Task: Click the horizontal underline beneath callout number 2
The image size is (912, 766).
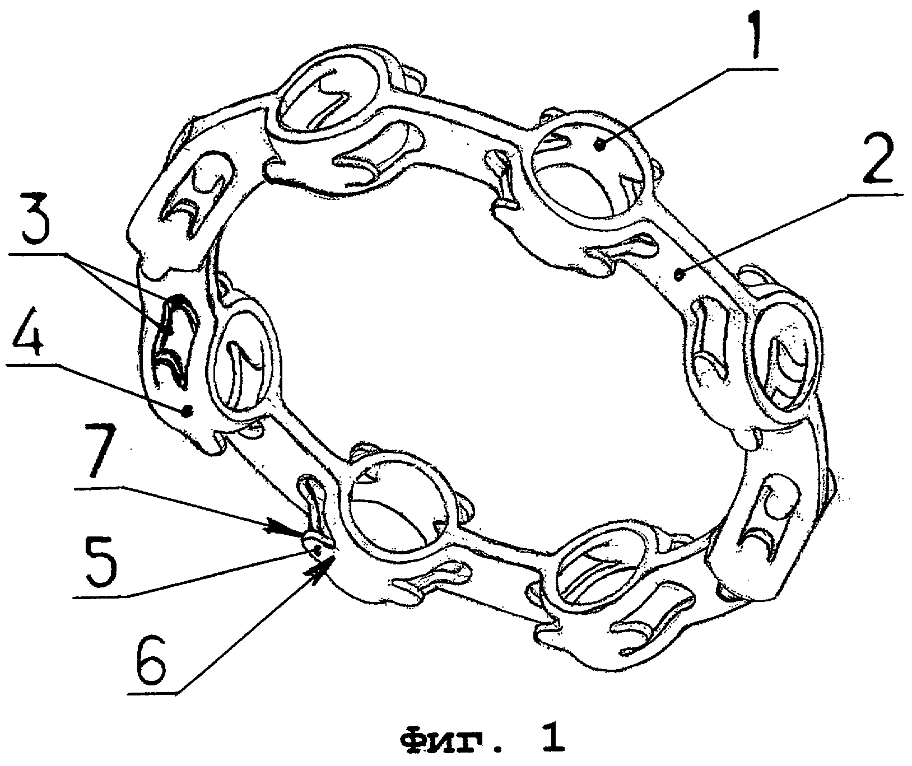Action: [874, 194]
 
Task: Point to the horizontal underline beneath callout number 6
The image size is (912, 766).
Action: [152, 694]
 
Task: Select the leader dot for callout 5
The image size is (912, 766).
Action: [317, 551]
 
